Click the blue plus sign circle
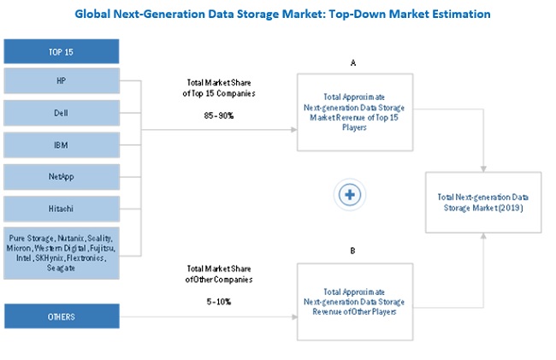click(x=349, y=195)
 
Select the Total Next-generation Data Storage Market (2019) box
click(x=485, y=201)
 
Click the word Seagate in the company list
click(x=60, y=269)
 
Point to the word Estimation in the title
click(x=457, y=15)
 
